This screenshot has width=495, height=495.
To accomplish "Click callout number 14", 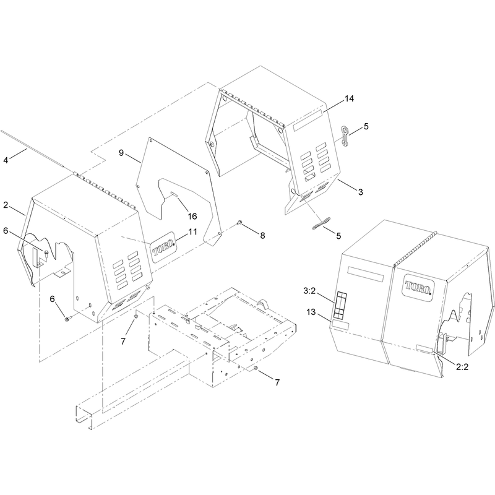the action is (349, 99).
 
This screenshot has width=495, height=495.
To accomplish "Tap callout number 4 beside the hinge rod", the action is (6, 160).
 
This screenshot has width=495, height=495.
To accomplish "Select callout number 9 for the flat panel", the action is (121, 153).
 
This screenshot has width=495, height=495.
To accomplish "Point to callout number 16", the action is (192, 216).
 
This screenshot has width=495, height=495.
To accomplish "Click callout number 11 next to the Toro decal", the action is (192, 232).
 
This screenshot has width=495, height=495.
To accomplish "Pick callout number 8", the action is (262, 235).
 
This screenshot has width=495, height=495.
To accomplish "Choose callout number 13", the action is (311, 312).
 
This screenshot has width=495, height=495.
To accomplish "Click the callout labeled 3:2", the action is (309, 291).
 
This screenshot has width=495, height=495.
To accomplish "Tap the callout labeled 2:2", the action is (462, 367).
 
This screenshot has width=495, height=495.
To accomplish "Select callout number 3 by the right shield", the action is (361, 192).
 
